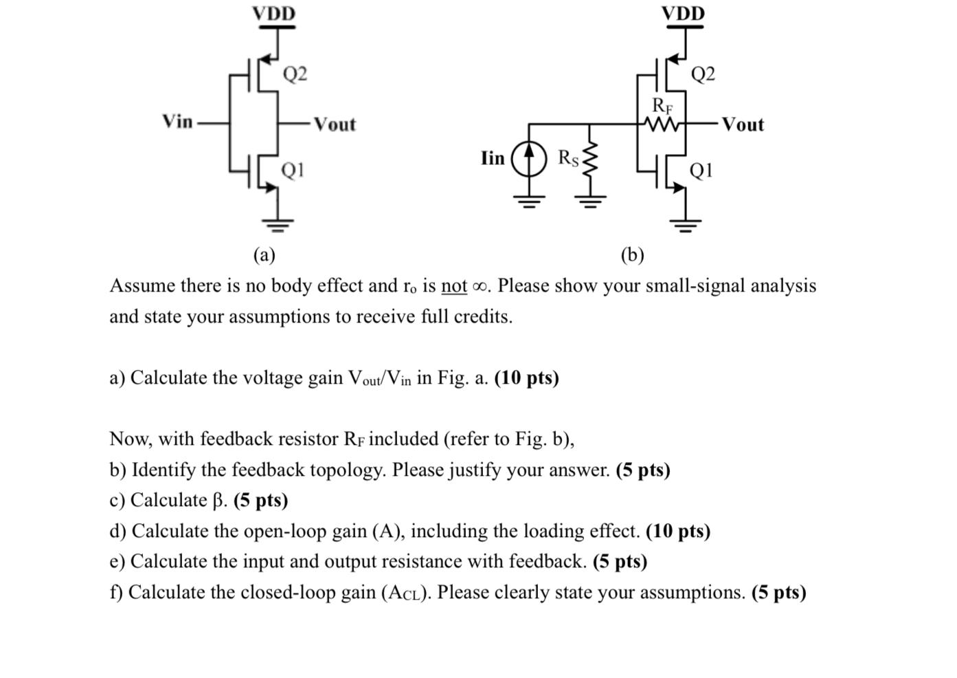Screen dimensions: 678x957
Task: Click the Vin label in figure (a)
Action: coord(177,122)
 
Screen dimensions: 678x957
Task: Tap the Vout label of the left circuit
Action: coord(335,124)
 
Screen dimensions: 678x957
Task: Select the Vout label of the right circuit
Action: coord(743,124)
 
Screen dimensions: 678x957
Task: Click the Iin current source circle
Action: coord(528,158)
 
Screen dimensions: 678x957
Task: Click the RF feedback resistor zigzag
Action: coord(662,124)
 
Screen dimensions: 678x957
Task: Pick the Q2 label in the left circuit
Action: coord(295,74)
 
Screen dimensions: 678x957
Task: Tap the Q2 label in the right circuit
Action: coord(703,74)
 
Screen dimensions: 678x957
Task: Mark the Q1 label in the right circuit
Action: coord(701,169)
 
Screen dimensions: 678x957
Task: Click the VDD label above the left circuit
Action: coord(273,14)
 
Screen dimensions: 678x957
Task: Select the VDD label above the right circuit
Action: coord(683,14)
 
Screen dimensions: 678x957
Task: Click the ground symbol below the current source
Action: coord(528,201)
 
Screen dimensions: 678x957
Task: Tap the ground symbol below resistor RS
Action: coord(589,201)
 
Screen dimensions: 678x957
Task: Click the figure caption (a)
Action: coord(264,255)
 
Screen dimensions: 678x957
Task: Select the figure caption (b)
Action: coord(632,255)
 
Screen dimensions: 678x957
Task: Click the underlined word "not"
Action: coord(454,286)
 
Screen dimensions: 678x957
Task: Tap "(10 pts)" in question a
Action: coord(526,378)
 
